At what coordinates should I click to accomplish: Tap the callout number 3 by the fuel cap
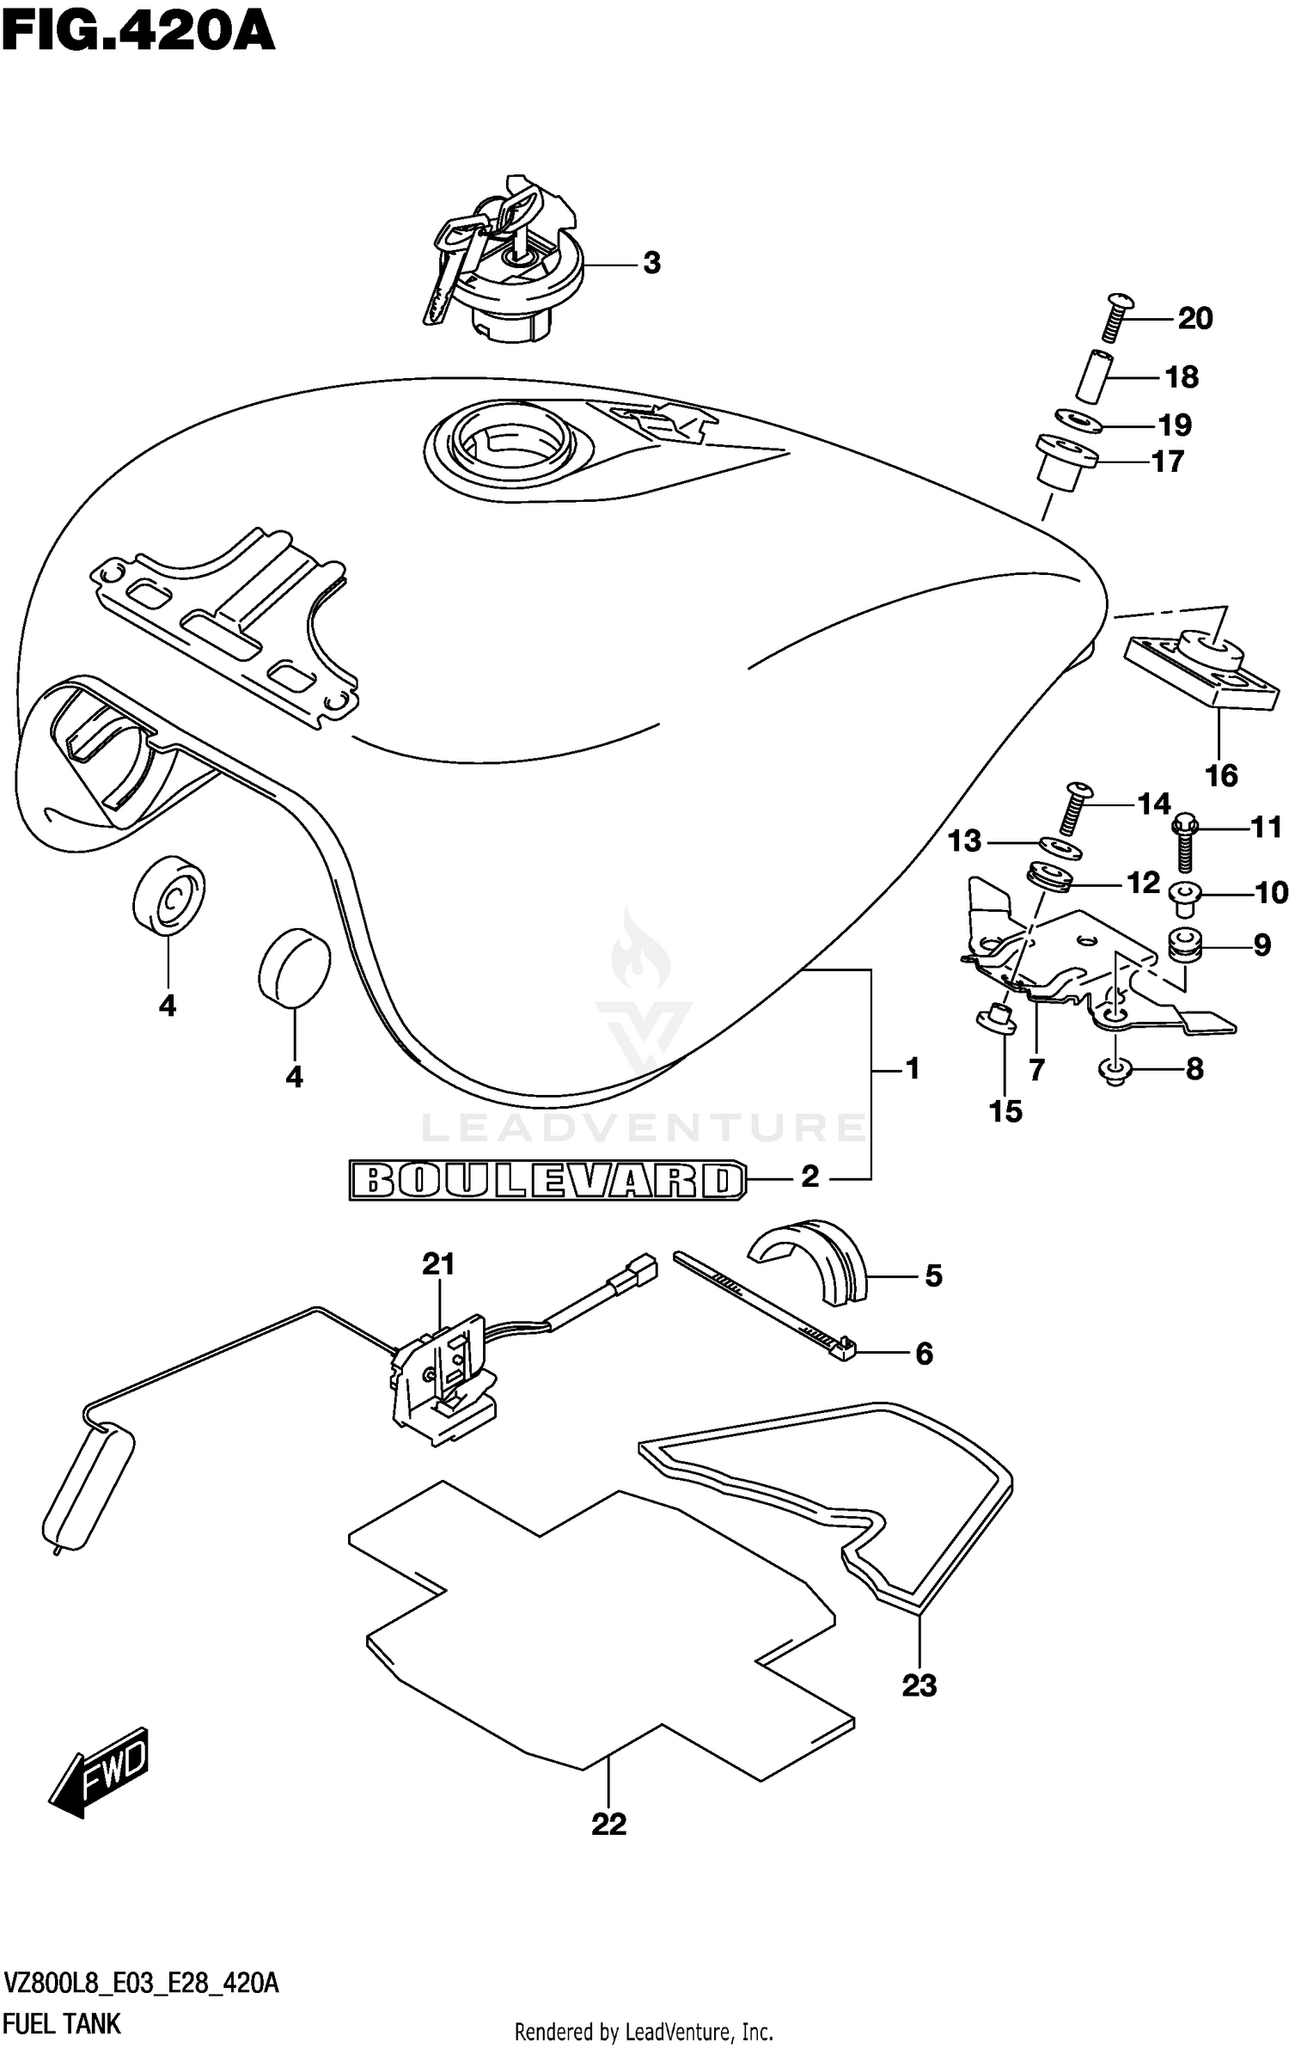point(651,263)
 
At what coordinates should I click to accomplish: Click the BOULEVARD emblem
point(547,1180)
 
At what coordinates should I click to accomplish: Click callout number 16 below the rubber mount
point(1221,775)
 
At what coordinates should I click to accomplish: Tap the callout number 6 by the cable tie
point(924,1354)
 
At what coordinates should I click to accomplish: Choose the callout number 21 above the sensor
point(438,1263)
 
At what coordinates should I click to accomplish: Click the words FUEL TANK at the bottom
point(62,2023)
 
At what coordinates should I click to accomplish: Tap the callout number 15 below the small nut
point(1005,1111)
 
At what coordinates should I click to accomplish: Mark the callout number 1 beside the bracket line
point(912,1068)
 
